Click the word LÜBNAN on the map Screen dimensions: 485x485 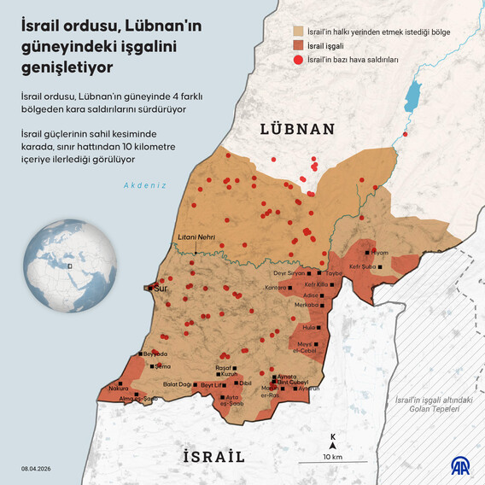(x=296, y=130)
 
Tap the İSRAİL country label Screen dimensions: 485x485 (x=214, y=456)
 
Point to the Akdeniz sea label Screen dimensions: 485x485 (x=144, y=185)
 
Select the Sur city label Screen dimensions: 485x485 (x=160, y=289)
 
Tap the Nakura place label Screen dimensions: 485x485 (x=118, y=389)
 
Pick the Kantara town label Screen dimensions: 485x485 (x=276, y=288)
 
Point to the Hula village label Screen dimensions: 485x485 (x=308, y=326)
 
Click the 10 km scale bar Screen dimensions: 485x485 (x=332, y=449)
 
